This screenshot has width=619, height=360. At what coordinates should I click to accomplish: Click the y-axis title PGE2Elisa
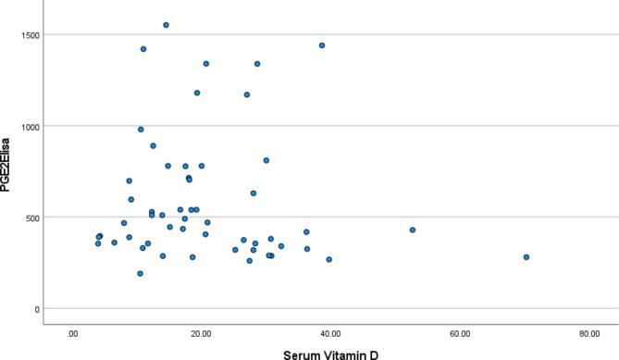coord(7,170)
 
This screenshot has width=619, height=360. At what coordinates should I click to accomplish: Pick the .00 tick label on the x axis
coord(72,333)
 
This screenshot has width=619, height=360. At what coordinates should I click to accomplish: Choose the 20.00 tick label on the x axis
coord(202,333)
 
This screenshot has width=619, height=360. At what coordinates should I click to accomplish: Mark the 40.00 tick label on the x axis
coord(330,333)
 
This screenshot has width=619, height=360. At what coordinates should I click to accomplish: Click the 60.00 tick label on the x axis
coord(460,333)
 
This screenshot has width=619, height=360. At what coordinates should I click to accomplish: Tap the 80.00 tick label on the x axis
coord(588,333)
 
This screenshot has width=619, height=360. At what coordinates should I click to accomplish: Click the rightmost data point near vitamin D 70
coord(526,257)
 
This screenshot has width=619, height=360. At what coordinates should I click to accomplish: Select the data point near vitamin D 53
coord(413,230)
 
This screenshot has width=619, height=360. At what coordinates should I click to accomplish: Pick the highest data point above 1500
coord(166,25)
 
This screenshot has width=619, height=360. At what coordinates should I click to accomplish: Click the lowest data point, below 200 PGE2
coord(140,274)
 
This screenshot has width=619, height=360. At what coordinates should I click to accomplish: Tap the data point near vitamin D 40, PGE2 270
coord(328,259)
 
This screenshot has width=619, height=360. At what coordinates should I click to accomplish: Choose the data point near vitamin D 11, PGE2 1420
coord(142,49)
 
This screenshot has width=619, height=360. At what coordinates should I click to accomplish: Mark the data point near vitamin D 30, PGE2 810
coord(266,160)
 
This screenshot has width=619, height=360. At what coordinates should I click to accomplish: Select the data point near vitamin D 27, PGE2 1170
coord(247,94)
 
